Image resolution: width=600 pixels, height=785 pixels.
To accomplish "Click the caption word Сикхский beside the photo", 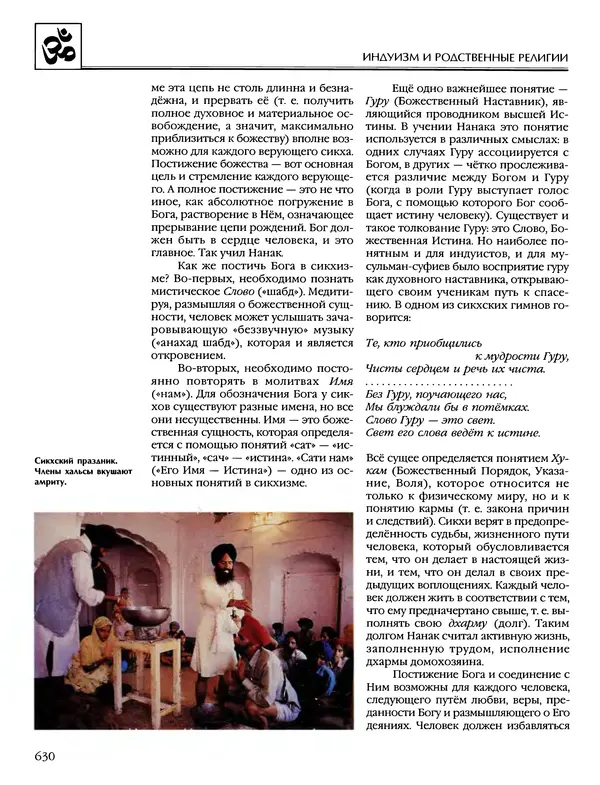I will (57, 459).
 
